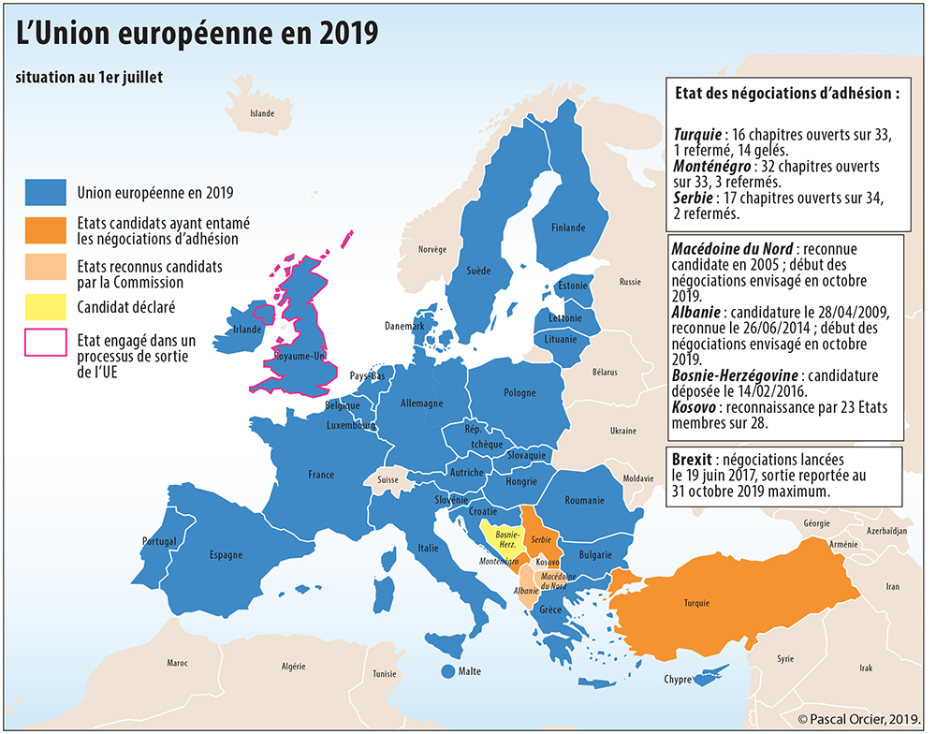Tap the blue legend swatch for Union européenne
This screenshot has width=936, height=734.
(x=45, y=192)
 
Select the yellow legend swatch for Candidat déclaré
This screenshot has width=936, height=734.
(x=45, y=306)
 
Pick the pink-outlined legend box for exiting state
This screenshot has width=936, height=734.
(x=45, y=344)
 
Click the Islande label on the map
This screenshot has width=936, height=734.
(x=262, y=114)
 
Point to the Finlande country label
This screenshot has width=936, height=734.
(x=568, y=228)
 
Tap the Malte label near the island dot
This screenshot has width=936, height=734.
(x=470, y=671)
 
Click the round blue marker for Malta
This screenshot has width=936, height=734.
(x=447, y=671)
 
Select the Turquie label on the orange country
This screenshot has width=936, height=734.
(x=696, y=603)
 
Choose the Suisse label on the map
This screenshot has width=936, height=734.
(x=388, y=478)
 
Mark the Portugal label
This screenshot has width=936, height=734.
(x=159, y=541)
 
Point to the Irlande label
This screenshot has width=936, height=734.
(x=247, y=330)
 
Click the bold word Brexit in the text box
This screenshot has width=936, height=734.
(x=691, y=461)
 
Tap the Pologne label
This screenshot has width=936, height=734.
(x=519, y=393)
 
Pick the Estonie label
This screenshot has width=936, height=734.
(x=572, y=286)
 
